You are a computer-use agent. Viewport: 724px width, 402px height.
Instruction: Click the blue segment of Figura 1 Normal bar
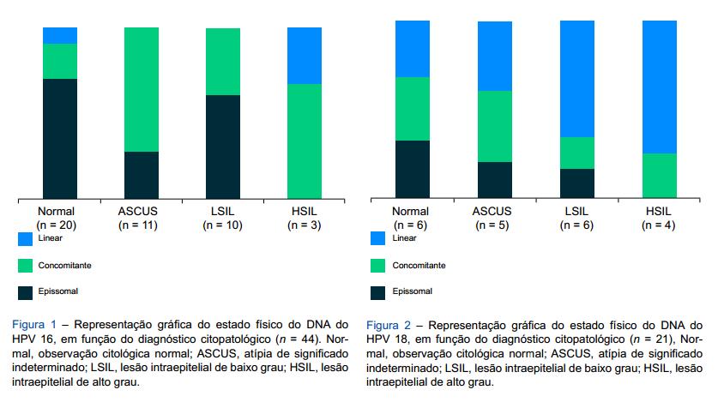(x=60, y=35)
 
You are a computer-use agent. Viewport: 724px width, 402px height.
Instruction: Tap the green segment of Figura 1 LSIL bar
(x=222, y=62)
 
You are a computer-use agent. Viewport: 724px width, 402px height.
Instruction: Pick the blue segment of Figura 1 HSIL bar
(x=304, y=56)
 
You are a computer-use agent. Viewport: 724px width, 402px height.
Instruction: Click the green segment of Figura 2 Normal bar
(x=412, y=109)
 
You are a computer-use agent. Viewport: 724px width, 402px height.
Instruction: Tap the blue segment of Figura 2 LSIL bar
(x=576, y=79)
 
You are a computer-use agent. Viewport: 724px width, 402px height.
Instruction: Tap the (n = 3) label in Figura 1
(x=304, y=225)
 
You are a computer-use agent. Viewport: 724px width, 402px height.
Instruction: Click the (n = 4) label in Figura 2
(x=659, y=225)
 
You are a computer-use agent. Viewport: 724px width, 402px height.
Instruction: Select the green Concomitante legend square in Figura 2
(x=377, y=266)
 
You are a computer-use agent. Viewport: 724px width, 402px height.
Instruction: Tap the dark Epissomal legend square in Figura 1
(x=24, y=291)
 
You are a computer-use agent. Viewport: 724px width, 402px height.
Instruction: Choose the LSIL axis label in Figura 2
(x=576, y=212)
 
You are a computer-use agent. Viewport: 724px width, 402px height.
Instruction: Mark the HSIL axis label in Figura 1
(x=304, y=212)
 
